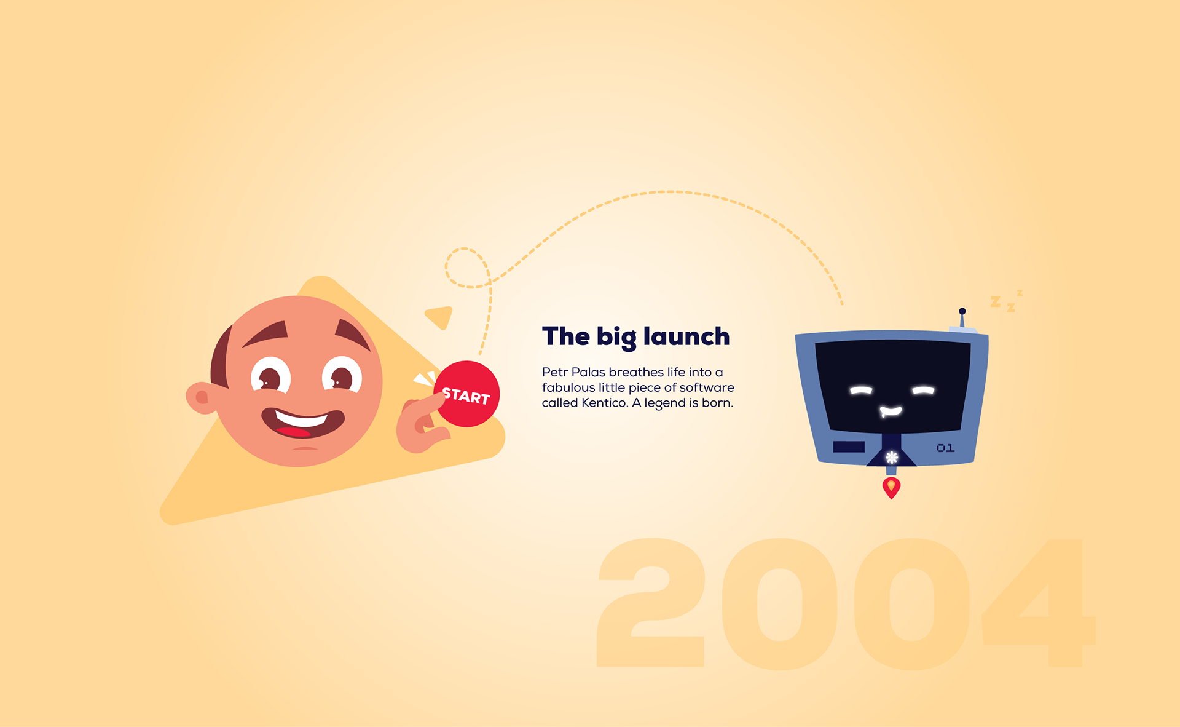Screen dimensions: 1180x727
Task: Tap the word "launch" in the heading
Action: click(x=686, y=336)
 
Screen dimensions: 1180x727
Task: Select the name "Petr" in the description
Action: click(x=554, y=372)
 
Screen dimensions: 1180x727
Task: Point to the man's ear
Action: click(x=200, y=397)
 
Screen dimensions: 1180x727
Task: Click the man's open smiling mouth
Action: click(x=303, y=423)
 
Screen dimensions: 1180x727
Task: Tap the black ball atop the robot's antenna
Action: click(x=962, y=311)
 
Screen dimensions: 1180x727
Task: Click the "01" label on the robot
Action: click(x=945, y=448)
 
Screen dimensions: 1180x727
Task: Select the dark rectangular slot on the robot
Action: click(x=849, y=447)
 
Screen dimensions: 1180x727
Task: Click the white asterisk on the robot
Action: click(x=892, y=457)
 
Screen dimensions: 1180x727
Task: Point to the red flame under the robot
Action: click(x=891, y=488)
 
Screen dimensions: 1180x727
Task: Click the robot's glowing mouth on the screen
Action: click(x=891, y=411)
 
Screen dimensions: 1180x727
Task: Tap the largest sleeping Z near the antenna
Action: click(x=996, y=301)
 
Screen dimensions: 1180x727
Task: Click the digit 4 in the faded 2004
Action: click(x=1039, y=603)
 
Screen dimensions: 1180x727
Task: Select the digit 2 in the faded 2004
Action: click(x=651, y=603)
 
